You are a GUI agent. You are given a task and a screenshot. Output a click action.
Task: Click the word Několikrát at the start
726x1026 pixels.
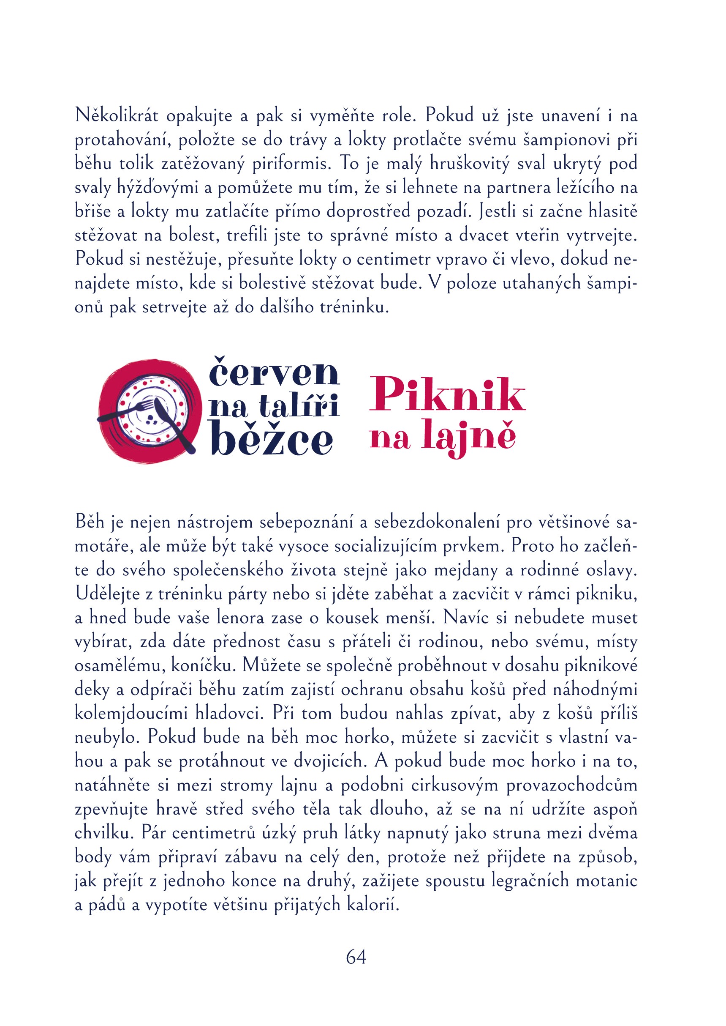[117, 116]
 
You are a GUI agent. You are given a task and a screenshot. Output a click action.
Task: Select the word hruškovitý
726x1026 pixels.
[469, 164]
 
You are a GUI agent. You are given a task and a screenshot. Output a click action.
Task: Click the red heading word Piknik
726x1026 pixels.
[447, 395]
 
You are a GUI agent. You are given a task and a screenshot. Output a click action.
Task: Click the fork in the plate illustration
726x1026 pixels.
[130, 410]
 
